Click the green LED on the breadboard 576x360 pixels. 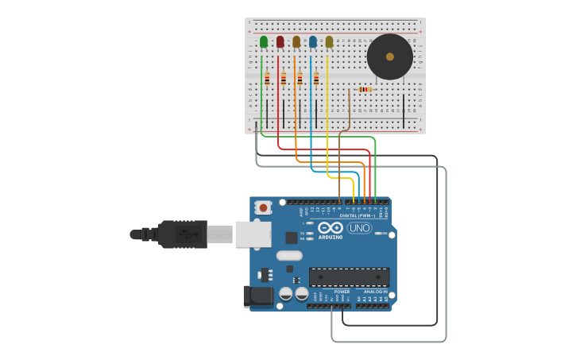click(264, 41)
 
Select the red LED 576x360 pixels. click(280, 41)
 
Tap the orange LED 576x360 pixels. click(296, 41)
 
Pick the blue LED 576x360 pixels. click(313, 41)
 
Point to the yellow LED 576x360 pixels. click(329, 41)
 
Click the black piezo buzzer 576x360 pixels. click(389, 56)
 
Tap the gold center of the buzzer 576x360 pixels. click(389, 56)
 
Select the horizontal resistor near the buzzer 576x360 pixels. click(365, 89)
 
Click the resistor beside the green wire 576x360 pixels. click(267, 79)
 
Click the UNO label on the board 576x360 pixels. click(359, 228)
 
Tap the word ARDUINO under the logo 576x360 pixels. click(331, 237)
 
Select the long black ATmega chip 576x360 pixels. click(349, 277)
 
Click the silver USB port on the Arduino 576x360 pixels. click(253, 234)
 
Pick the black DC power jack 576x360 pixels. click(256, 296)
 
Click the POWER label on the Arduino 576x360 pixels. click(342, 292)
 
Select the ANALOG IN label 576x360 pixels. click(375, 292)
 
